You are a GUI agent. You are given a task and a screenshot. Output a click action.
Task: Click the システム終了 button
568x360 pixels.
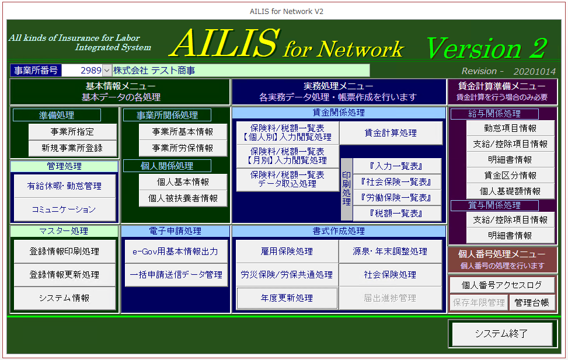[501, 333]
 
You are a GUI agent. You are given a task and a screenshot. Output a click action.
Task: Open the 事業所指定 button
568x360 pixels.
[72, 132]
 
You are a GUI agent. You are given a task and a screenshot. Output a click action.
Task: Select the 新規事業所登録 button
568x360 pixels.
[72, 148]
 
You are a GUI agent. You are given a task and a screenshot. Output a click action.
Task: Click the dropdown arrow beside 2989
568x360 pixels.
[107, 70]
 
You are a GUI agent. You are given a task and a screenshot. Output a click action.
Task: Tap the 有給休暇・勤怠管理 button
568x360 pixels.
[64, 186]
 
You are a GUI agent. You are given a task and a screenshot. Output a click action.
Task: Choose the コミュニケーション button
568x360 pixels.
[64, 209]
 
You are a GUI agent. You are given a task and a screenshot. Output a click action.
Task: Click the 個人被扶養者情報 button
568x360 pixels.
[183, 198]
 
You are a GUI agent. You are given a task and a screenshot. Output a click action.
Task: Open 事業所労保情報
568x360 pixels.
[183, 148]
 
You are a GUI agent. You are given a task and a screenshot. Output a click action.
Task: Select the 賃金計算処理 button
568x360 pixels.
[391, 133]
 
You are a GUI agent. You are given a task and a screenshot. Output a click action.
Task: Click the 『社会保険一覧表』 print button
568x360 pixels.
[396, 182]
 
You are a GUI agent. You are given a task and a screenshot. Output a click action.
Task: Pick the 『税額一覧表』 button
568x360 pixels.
[396, 214]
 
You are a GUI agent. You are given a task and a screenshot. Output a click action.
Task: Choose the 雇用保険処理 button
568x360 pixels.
[287, 251]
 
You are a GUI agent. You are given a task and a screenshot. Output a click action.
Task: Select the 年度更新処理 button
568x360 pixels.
[287, 298]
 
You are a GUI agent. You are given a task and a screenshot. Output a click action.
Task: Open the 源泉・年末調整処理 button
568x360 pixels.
[390, 251]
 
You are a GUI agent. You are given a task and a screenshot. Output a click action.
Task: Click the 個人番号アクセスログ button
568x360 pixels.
[501, 285]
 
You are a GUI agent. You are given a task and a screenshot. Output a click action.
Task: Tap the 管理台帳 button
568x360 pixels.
[532, 302]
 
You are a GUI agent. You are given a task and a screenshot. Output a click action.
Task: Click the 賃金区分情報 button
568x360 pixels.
[510, 176]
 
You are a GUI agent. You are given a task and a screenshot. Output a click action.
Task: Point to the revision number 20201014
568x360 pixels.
[535, 71]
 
